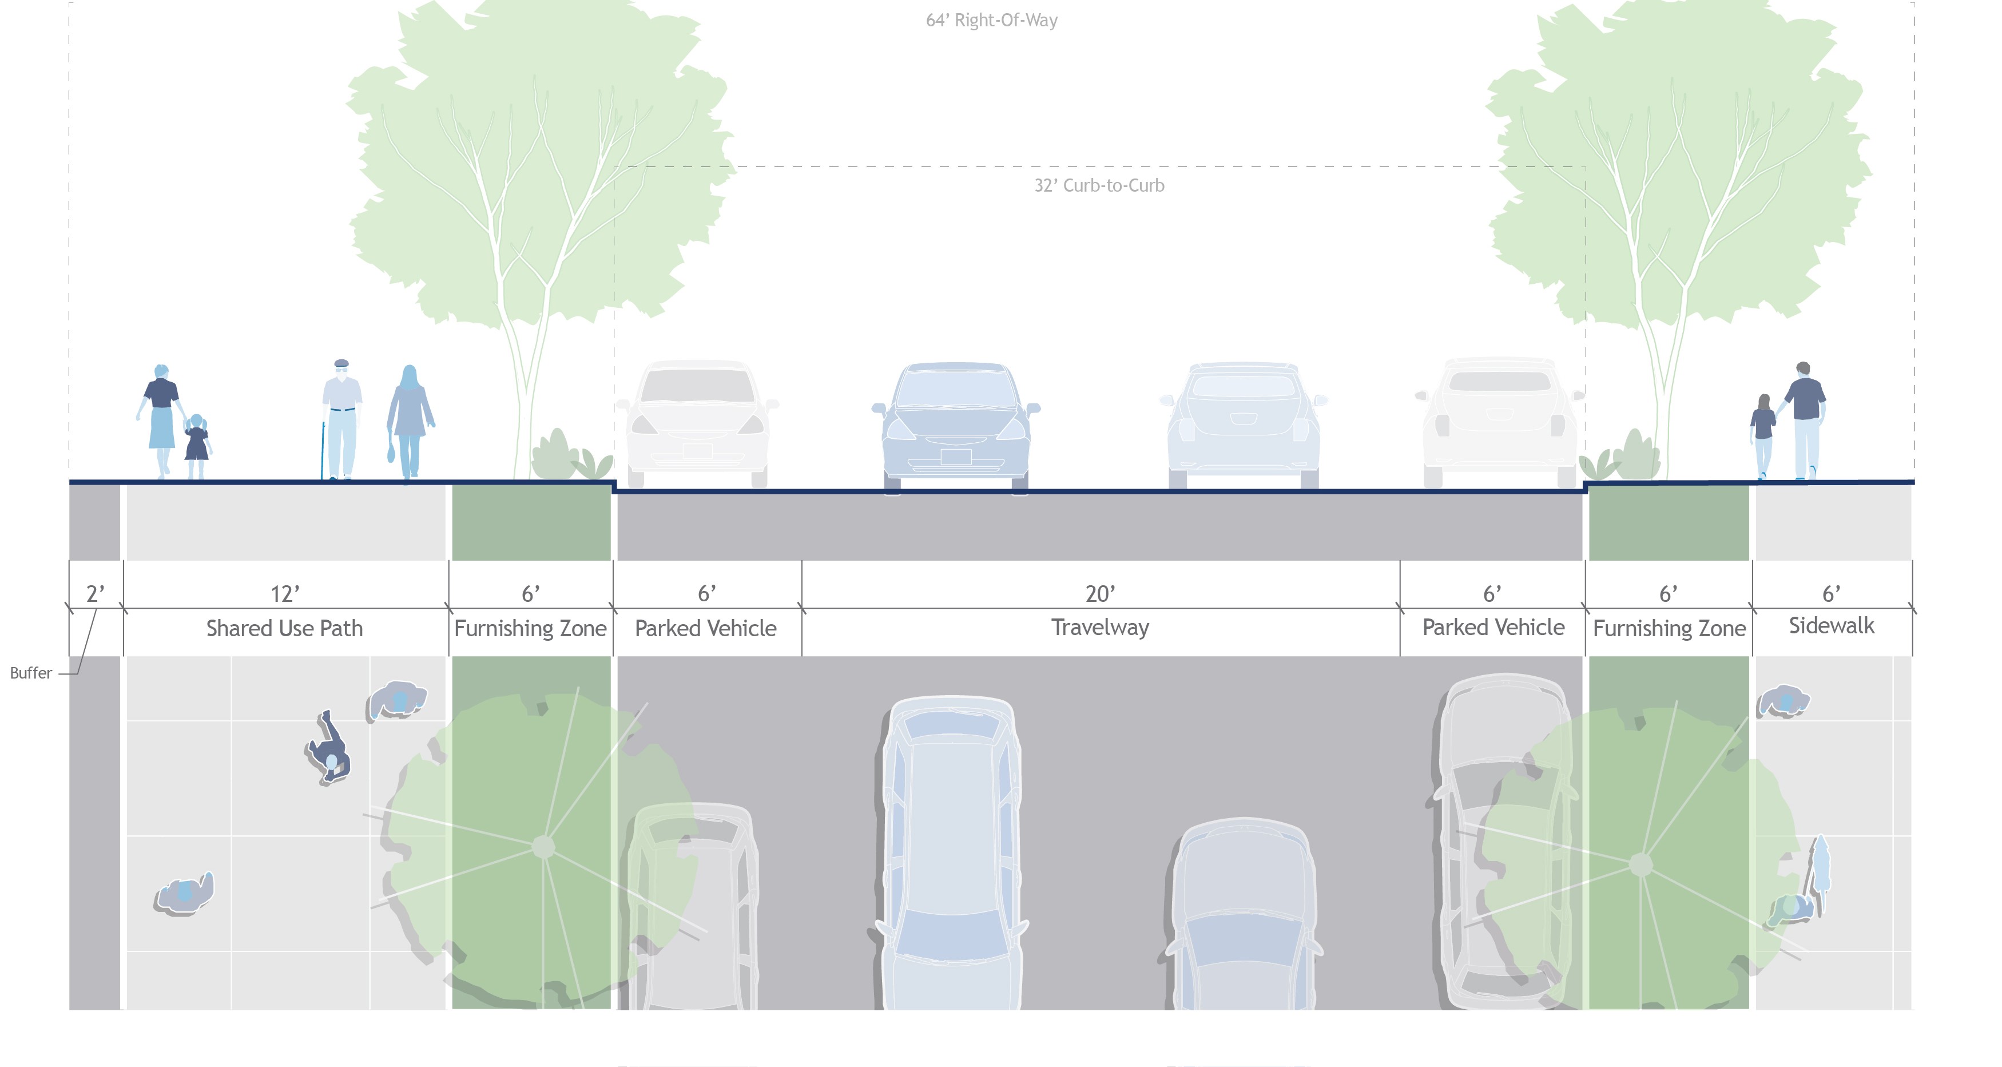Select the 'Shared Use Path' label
pos(284,628)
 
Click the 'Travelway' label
pos(1100,627)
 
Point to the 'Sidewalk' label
pos(1831,625)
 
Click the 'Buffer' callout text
pos(31,673)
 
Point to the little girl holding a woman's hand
pos(197,447)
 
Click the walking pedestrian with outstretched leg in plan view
pos(329,748)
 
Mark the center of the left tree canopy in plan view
pos(543,846)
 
